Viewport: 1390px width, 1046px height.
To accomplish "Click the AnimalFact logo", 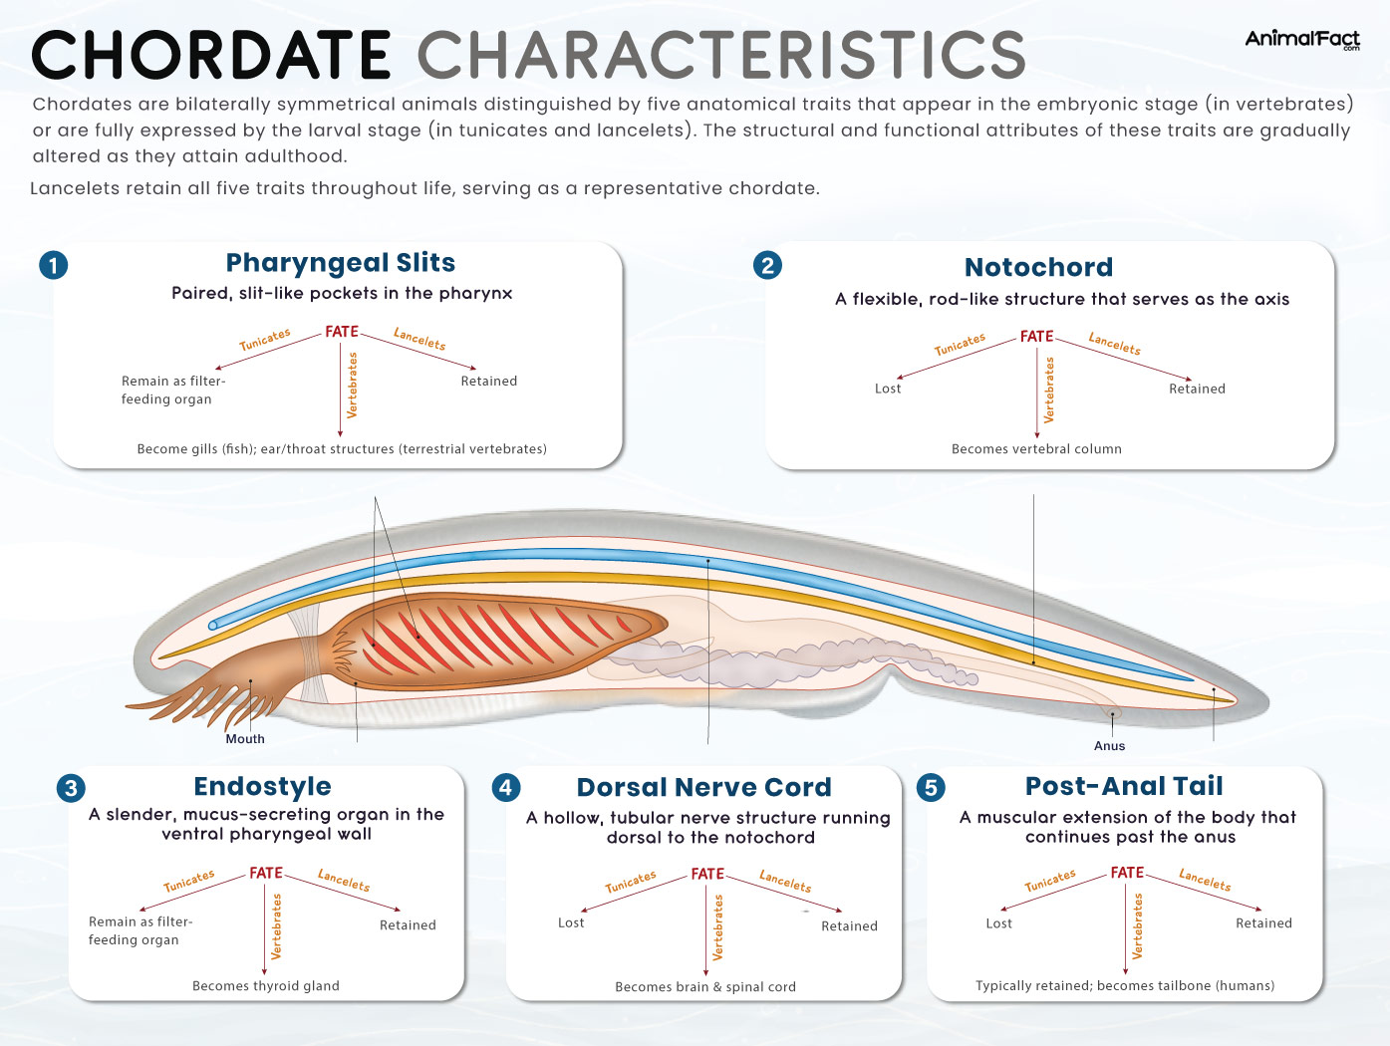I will pyautogui.click(x=1301, y=39).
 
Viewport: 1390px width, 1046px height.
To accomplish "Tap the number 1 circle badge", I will pyautogui.click(x=54, y=265).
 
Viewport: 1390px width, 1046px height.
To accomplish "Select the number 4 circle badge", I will pyautogui.click(x=506, y=788).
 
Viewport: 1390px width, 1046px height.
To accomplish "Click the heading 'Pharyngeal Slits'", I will pyautogui.click(x=340, y=263).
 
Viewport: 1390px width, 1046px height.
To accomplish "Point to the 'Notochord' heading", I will pyautogui.click(x=1038, y=267).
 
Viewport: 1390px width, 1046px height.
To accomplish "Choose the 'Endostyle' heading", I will pyautogui.click(x=262, y=787).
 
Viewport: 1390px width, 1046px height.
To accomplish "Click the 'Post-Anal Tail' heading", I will pyautogui.click(x=1124, y=787).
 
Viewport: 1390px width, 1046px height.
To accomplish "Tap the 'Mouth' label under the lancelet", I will pyautogui.click(x=245, y=739).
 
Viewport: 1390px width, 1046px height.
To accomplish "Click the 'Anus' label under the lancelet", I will pyautogui.click(x=1109, y=746).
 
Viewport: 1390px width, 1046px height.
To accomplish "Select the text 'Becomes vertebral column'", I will pyautogui.click(x=1036, y=449).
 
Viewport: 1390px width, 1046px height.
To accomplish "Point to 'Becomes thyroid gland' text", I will pyautogui.click(x=266, y=986).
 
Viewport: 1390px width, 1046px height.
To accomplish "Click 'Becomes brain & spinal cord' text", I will pyautogui.click(x=705, y=987).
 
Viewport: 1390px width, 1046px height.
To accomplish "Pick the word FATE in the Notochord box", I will pyautogui.click(x=1036, y=337).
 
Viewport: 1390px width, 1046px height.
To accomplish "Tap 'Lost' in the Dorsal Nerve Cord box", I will pyautogui.click(x=571, y=923).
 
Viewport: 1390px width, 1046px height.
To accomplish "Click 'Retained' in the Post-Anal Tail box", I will pyautogui.click(x=1263, y=923).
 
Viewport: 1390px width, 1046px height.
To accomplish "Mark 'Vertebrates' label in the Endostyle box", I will pyautogui.click(x=277, y=926).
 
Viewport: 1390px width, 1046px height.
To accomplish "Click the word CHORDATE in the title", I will pyautogui.click(x=211, y=55).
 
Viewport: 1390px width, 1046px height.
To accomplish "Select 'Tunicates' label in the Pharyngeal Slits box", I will pyautogui.click(x=265, y=340).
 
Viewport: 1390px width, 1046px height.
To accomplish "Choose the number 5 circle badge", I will pyautogui.click(x=931, y=788).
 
